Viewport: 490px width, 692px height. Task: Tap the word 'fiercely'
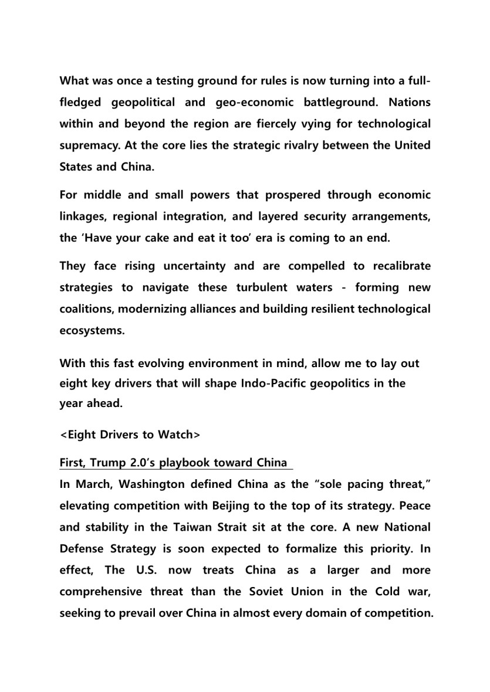[x=256, y=124]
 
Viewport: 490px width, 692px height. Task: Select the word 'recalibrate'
[x=400, y=266]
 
